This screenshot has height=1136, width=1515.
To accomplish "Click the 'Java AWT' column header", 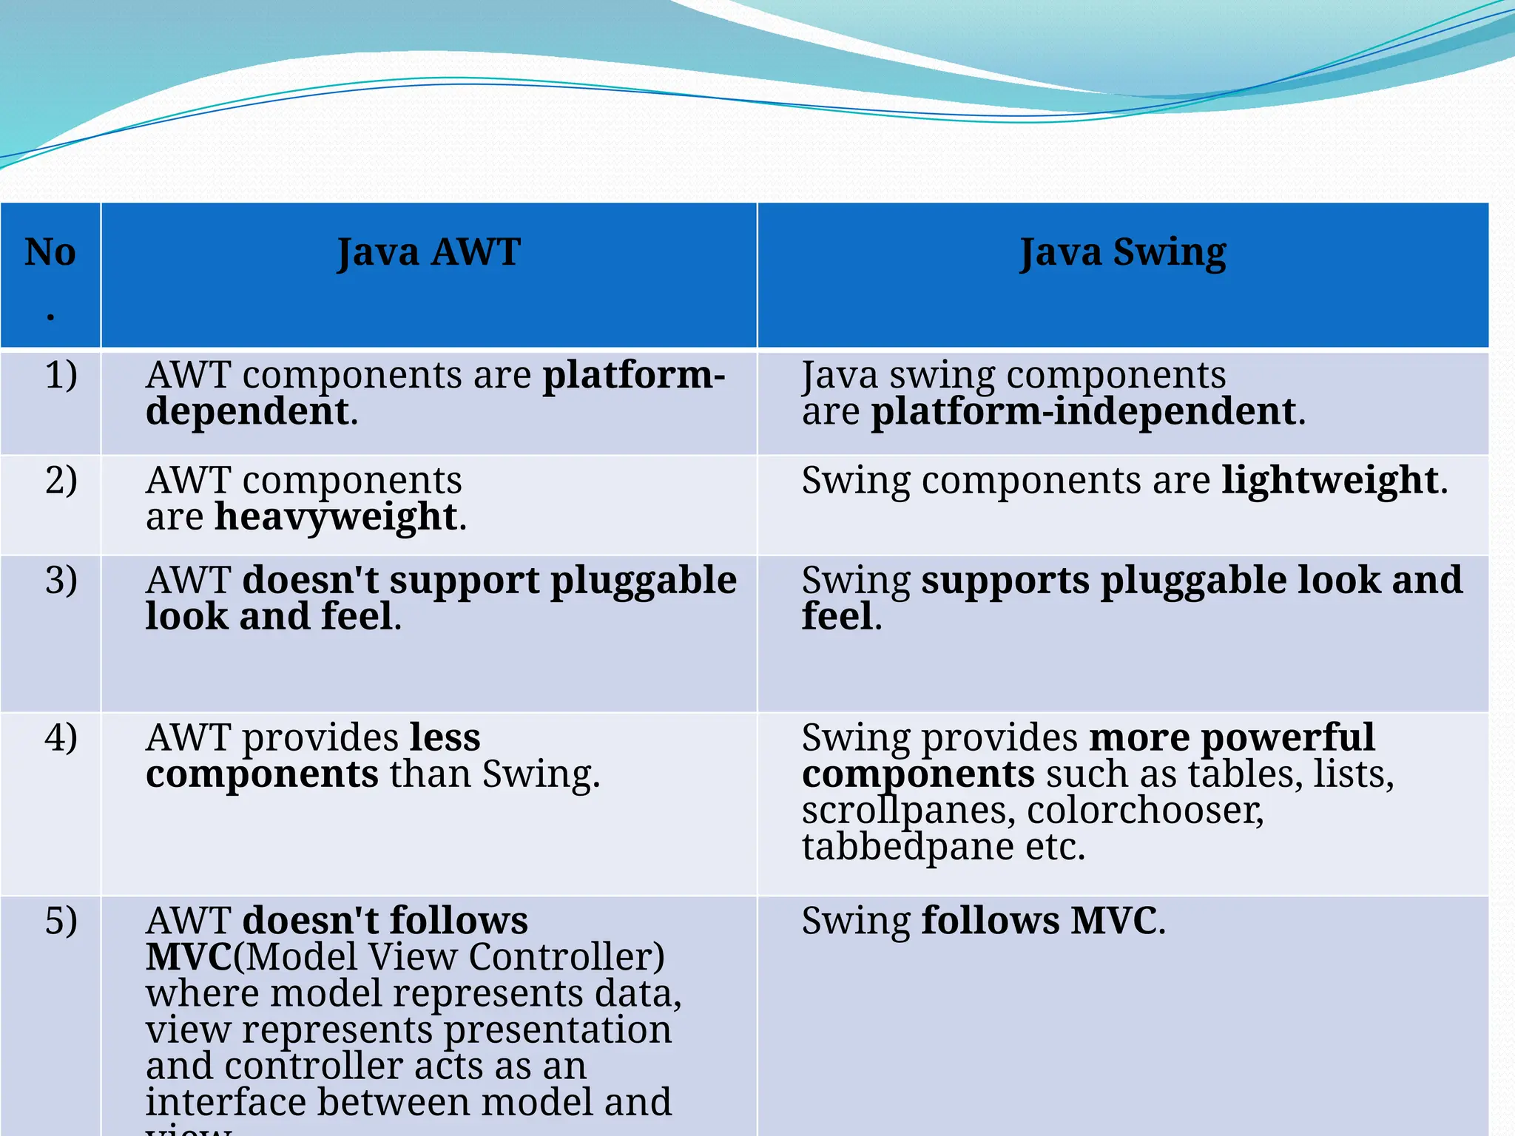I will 429,252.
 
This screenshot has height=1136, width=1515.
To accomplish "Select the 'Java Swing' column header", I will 1123,252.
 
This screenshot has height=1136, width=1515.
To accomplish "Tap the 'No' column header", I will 50,252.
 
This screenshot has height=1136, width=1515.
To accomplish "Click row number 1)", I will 61,375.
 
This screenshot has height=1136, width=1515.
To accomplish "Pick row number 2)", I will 61,480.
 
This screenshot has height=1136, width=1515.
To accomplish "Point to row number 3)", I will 61,580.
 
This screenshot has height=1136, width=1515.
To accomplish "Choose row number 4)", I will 61,737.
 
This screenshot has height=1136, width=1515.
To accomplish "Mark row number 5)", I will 61,921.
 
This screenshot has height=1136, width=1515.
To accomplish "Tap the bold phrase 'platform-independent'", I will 1084,411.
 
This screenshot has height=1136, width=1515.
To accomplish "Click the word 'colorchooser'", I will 1145,810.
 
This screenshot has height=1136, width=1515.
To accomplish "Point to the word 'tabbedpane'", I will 908,846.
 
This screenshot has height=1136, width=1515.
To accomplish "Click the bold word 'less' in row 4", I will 445,737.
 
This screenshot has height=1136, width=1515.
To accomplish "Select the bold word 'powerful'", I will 1287,737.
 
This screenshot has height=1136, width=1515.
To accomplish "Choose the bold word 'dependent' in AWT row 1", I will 247,411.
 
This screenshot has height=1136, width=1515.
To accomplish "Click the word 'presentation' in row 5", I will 558,1029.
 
